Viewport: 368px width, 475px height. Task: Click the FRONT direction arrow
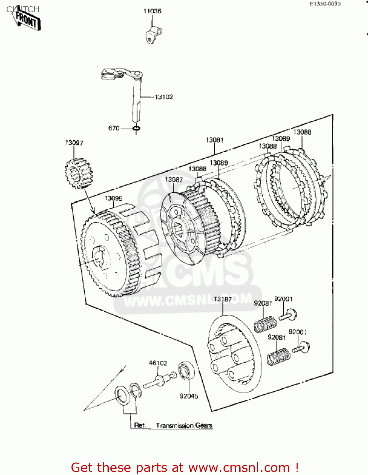click(27, 21)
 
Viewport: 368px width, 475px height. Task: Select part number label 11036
click(152, 11)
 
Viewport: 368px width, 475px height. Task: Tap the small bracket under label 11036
click(153, 35)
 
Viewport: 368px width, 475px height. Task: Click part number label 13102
click(164, 97)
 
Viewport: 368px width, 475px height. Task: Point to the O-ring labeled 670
click(136, 129)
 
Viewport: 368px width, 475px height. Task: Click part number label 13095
click(113, 199)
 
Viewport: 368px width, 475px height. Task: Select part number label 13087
click(174, 180)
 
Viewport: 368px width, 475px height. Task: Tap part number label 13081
click(215, 140)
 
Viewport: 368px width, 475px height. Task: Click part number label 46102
click(158, 363)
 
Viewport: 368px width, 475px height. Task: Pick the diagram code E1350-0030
click(325, 4)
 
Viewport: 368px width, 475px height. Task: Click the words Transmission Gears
click(184, 425)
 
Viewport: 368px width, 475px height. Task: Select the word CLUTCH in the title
click(23, 9)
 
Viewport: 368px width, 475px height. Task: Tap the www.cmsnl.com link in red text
click(239, 468)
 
